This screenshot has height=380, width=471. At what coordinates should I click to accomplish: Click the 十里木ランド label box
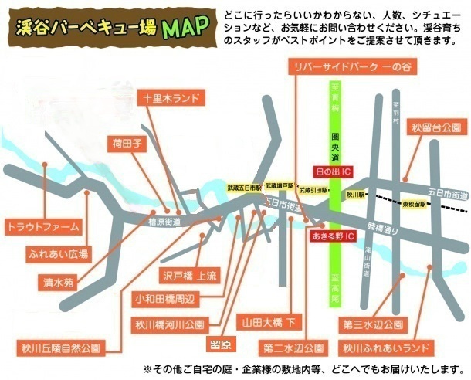tap(172, 99)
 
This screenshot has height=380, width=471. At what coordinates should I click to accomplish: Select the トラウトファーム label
tap(42, 227)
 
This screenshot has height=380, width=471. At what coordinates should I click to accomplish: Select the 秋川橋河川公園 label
tap(168, 324)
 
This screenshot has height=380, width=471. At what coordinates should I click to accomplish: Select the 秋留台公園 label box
tap(436, 127)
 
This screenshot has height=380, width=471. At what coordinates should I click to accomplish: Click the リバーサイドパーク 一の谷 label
tap(350, 68)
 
